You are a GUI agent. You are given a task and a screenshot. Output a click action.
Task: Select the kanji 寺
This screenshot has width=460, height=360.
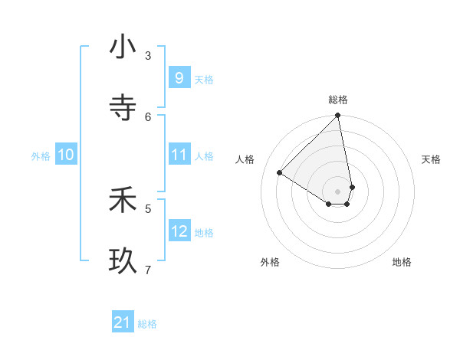(123, 106)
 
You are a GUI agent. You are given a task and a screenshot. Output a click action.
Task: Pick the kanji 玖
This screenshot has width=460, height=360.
(123, 260)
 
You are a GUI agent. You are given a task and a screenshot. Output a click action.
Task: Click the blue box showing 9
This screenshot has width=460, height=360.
(179, 78)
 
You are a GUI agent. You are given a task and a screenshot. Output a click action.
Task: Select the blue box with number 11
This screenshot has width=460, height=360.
(179, 155)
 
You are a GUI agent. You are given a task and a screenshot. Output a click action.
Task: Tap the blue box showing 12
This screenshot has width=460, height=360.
(179, 231)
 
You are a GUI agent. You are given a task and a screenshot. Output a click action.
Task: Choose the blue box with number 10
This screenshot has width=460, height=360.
(65, 155)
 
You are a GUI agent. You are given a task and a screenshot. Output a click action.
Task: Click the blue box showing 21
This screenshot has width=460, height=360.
(122, 323)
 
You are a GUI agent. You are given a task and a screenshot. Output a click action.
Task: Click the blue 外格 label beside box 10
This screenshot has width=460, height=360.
(41, 155)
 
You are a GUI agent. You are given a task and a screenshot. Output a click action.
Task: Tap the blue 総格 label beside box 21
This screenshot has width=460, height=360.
(147, 324)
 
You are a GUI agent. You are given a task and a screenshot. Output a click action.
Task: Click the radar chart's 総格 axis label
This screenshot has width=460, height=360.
(338, 100)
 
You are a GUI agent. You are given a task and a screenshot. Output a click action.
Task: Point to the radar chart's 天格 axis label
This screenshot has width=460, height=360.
(431, 159)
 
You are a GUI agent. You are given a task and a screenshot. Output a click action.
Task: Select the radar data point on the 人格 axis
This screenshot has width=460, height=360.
(280, 172)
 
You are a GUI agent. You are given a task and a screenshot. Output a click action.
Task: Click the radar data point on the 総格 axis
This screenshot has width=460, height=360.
(338, 116)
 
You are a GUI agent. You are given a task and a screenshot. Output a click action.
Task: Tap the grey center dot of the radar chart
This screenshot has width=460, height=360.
(338, 191)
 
